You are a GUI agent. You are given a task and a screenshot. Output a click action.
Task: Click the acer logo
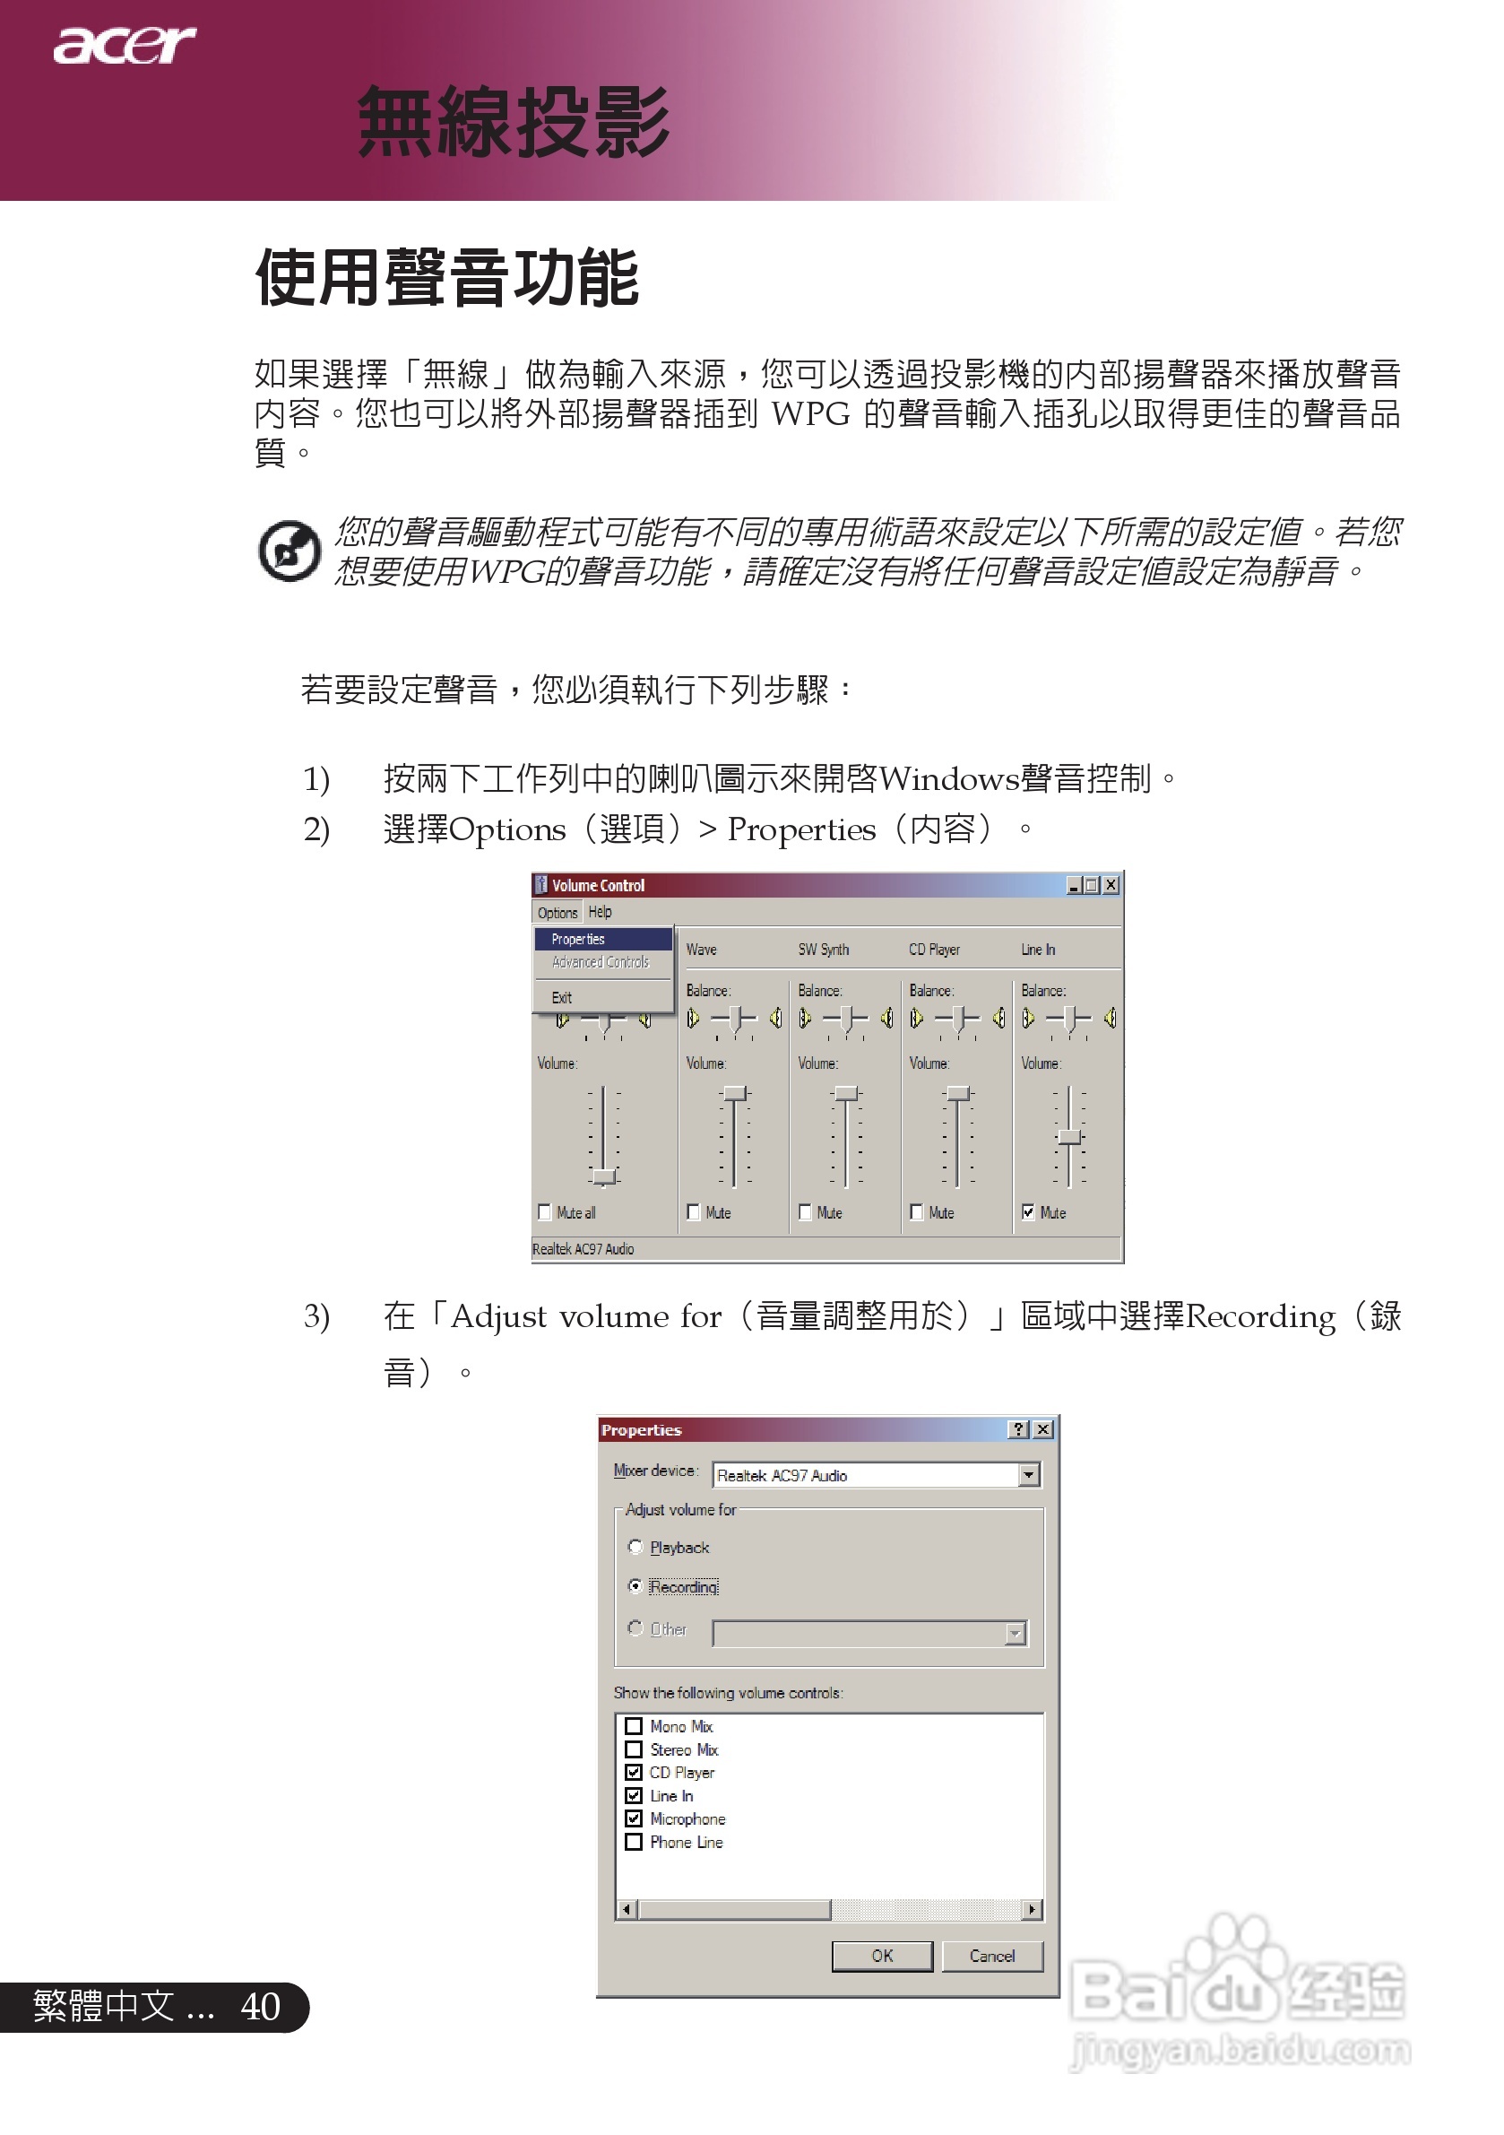tap(124, 46)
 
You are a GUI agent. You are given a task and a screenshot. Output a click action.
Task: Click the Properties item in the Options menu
tap(578, 939)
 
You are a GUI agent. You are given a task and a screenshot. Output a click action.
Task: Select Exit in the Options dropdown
tap(561, 998)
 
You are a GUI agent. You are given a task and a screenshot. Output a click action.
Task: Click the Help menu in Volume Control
tap(600, 912)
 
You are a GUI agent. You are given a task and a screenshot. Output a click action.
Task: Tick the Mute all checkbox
tap(545, 1211)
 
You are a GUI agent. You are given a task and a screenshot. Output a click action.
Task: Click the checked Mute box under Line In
tap(1028, 1211)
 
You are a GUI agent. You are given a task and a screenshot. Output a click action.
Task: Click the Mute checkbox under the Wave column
tap(694, 1211)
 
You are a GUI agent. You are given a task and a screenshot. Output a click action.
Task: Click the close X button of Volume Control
tap(1111, 885)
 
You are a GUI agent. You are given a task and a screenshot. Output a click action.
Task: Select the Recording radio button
tap(635, 1585)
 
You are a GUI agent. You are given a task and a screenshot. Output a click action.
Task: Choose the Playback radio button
tap(635, 1547)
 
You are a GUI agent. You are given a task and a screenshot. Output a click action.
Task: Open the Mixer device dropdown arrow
tap(1029, 1475)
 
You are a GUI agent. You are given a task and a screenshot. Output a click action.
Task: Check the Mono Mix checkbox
tap(634, 1726)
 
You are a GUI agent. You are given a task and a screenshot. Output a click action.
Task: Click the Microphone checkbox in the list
tap(634, 1818)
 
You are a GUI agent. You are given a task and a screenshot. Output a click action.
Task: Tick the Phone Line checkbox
tap(634, 1841)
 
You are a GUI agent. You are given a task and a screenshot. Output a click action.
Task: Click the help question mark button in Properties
tap(1020, 1429)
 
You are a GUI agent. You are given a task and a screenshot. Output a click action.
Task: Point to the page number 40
tap(260, 2006)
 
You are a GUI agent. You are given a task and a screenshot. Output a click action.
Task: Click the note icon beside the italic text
tap(290, 551)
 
